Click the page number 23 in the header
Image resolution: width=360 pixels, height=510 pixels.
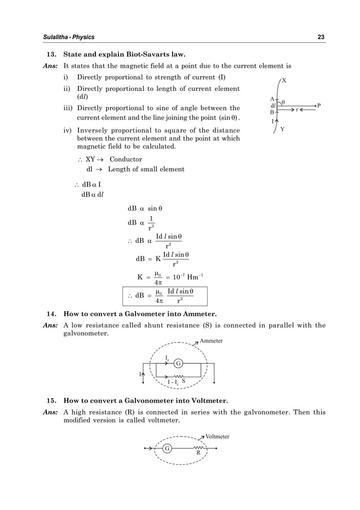tap(321, 37)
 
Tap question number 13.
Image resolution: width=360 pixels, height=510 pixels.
tap(50, 55)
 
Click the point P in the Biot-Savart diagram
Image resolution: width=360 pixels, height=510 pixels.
tap(319, 106)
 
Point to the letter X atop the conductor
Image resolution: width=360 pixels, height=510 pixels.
tap(284, 81)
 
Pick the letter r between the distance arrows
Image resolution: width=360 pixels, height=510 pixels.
tap(297, 110)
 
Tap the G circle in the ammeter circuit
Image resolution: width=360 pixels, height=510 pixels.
tap(177, 363)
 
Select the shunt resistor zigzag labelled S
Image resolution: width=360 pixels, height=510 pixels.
tap(178, 376)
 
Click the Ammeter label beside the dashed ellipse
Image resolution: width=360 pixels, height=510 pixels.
tap(212, 341)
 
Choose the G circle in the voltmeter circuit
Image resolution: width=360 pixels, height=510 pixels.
tap(167, 448)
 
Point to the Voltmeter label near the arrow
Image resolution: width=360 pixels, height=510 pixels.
tap(218, 437)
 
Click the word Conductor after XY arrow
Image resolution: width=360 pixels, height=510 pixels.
tap(126, 159)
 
